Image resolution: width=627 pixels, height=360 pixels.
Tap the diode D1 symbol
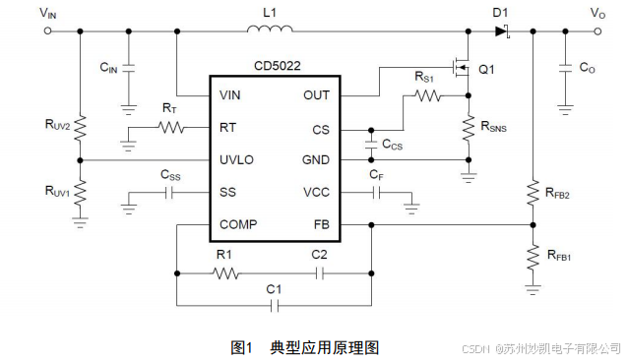coord(502,31)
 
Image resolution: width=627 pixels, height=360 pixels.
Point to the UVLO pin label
coord(237,159)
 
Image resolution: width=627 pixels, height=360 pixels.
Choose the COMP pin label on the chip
coord(239,224)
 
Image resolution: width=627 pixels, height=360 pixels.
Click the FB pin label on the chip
coord(322,224)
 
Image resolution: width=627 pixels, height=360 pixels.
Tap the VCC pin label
coord(316,192)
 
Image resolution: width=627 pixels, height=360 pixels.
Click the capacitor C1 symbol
coord(276,306)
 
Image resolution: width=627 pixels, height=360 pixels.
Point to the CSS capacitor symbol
coord(170,193)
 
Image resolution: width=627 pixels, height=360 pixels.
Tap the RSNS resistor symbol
coord(468,129)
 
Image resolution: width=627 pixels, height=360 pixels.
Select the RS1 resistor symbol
coord(425,96)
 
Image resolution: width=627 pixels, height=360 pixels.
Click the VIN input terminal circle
coord(47,31)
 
